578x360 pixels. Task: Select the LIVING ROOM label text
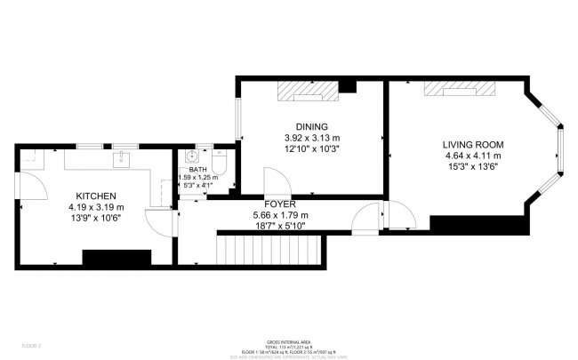(x=473, y=144)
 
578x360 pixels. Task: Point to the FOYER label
(x=279, y=204)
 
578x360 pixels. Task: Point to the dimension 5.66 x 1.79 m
(x=279, y=216)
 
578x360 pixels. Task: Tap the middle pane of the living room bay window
(x=561, y=148)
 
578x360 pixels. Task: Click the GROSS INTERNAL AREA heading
(x=289, y=341)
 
